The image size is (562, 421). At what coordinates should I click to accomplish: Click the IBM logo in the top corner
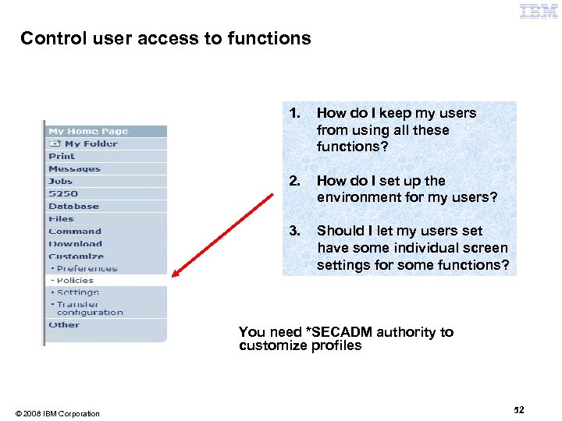point(539,11)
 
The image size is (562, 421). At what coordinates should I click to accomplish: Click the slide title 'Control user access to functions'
point(165,38)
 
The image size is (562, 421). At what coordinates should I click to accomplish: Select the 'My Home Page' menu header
point(88,131)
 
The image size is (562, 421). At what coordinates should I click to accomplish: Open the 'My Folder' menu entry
point(91,143)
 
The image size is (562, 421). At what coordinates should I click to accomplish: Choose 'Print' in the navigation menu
point(62,156)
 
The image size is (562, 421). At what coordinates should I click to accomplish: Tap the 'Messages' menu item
point(74,168)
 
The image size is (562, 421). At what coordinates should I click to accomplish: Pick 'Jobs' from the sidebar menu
point(60,181)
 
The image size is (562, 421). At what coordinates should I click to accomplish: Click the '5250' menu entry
point(63,193)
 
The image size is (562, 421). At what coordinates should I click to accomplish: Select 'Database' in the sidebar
point(73,206)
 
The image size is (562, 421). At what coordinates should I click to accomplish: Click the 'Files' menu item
point(61,218)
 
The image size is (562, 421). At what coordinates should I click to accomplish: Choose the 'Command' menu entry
point(75,231)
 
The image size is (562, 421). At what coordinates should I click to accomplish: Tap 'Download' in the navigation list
point(75,243)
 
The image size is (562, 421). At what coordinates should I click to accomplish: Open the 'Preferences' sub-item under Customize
point(86,268)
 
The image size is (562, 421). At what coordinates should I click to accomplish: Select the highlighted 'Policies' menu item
point(75,280)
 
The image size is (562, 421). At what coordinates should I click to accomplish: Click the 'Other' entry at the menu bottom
point(64,324)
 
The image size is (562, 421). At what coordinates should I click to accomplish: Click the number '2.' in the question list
point(293,181)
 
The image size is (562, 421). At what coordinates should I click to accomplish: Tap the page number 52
point(519,409)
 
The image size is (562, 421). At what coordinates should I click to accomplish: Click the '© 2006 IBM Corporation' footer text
point(57,413)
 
